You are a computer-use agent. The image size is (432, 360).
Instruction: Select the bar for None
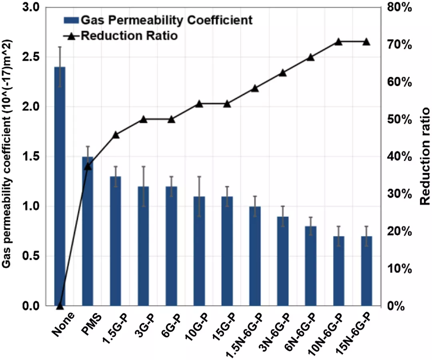(60, 186)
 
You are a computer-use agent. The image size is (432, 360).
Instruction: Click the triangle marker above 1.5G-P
(116, 135)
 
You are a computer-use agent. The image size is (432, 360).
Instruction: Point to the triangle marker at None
(60, 306)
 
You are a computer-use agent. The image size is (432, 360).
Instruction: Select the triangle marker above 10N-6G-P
(338, 42)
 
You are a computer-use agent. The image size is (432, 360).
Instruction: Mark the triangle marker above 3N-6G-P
(283, 72)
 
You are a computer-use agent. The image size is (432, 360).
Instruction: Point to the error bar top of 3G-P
(143, 166)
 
